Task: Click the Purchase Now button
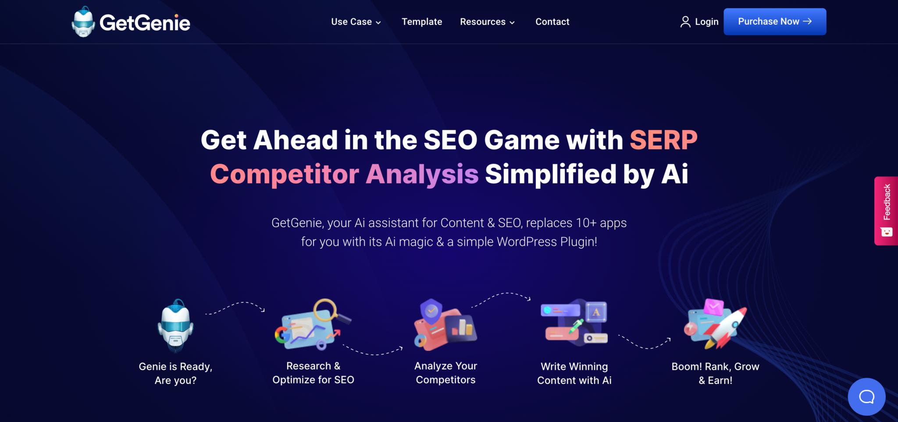[774, 21]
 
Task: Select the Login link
[706, 22]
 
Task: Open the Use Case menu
[356, 22]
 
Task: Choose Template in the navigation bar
[422, 22]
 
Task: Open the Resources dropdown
[487, 22]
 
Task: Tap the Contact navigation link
[552, 22]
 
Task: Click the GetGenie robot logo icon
[83, 22]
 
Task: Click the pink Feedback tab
[886, 210]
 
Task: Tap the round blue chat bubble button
[866, 397]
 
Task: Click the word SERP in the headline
[663, 140]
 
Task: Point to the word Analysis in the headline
[422, 174]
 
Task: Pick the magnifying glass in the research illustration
[326, 310]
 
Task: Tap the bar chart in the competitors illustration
[461, 327]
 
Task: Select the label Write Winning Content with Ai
[574, 373]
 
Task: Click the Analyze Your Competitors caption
[445, 373]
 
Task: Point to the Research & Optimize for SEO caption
[313, 373]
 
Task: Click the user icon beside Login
[685, 22]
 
